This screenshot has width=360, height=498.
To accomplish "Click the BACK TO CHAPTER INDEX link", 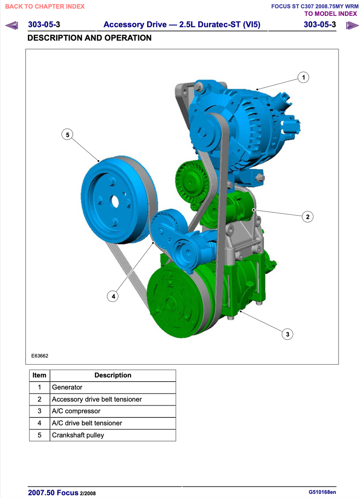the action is tap(45, 6).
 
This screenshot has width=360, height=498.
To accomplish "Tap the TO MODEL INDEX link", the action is tap(330, 14).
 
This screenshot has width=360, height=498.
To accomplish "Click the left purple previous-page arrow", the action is tap(12, 25).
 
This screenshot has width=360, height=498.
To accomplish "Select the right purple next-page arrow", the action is tap(352, 25).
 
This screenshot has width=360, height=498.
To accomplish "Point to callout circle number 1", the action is tap(303, 77).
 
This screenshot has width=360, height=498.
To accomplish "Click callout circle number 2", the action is tap(307, 217).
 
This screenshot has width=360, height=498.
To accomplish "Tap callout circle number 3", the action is tap(287, 334).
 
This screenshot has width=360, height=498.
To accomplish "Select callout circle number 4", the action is tap(112, 296).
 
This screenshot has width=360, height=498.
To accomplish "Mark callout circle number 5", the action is tap(67, 134).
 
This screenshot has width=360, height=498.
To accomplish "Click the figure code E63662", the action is tap(40, 356).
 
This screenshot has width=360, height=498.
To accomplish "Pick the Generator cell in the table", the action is tap(112, 387).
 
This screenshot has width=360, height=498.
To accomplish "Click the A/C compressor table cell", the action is tap(112, 411).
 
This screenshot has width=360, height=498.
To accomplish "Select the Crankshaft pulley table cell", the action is tap(112, 435).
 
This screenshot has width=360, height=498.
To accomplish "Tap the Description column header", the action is tap(112, 375).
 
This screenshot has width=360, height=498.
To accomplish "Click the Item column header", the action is tap(39, 375).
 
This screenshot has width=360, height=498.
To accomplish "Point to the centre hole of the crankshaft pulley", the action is tap(115, 202).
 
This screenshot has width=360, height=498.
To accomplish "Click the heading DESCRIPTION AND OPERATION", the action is tap(89, 38).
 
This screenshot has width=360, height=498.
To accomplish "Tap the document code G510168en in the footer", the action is tap(322, 492).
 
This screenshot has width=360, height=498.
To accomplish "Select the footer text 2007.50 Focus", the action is tap(53, 493).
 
